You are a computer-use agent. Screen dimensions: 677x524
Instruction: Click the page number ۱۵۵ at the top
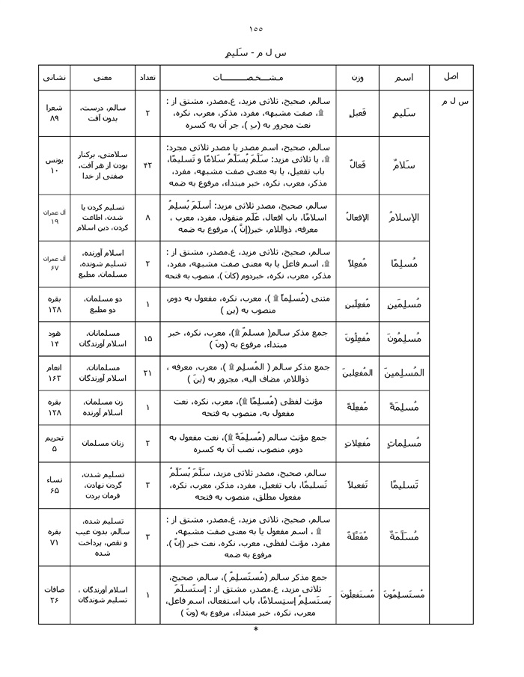(x=256, y=28)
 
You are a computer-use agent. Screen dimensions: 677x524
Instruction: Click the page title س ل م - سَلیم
(x=256, y=55)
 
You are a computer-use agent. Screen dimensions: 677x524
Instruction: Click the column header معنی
(x=104, y=77)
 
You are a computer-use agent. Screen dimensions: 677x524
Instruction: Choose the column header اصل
(x=453, y=77)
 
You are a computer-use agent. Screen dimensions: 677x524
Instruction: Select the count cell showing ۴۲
(x=147, y=164)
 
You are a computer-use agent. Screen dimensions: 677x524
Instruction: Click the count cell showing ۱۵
(x=147, y=339)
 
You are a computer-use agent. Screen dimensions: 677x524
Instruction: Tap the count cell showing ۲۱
(x=147, y=373)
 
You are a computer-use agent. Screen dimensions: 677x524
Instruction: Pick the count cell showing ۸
(x=147, y=217)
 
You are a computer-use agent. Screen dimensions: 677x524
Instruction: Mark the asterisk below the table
(x=256, y=629)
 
